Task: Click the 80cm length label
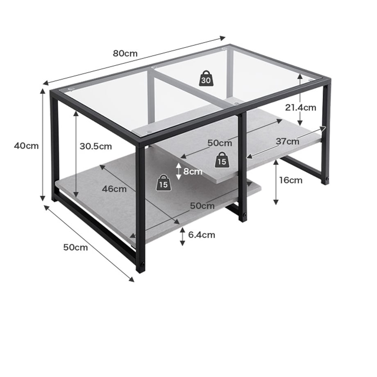(125, 53)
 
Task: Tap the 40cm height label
(26, 146)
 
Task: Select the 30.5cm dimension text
(96, 146)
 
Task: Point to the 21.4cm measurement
(300, 107)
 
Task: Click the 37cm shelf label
(287, 141)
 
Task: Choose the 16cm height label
(291, 180)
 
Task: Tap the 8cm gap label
(193, 171)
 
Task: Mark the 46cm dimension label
(114, 189)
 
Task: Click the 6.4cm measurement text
(202, 235)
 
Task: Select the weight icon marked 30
(206, 78)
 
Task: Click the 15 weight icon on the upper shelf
(222, 160)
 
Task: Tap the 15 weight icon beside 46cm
(164, 183)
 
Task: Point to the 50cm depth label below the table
(75, 247)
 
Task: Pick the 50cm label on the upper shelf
(220, 143)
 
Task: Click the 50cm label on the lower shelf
(202, 206)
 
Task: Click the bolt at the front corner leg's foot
(143, 265)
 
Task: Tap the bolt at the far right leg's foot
(327, 179)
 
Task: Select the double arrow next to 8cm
(178, 171)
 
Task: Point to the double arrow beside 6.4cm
(182, 236)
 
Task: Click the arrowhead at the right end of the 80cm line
(223, 38)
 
